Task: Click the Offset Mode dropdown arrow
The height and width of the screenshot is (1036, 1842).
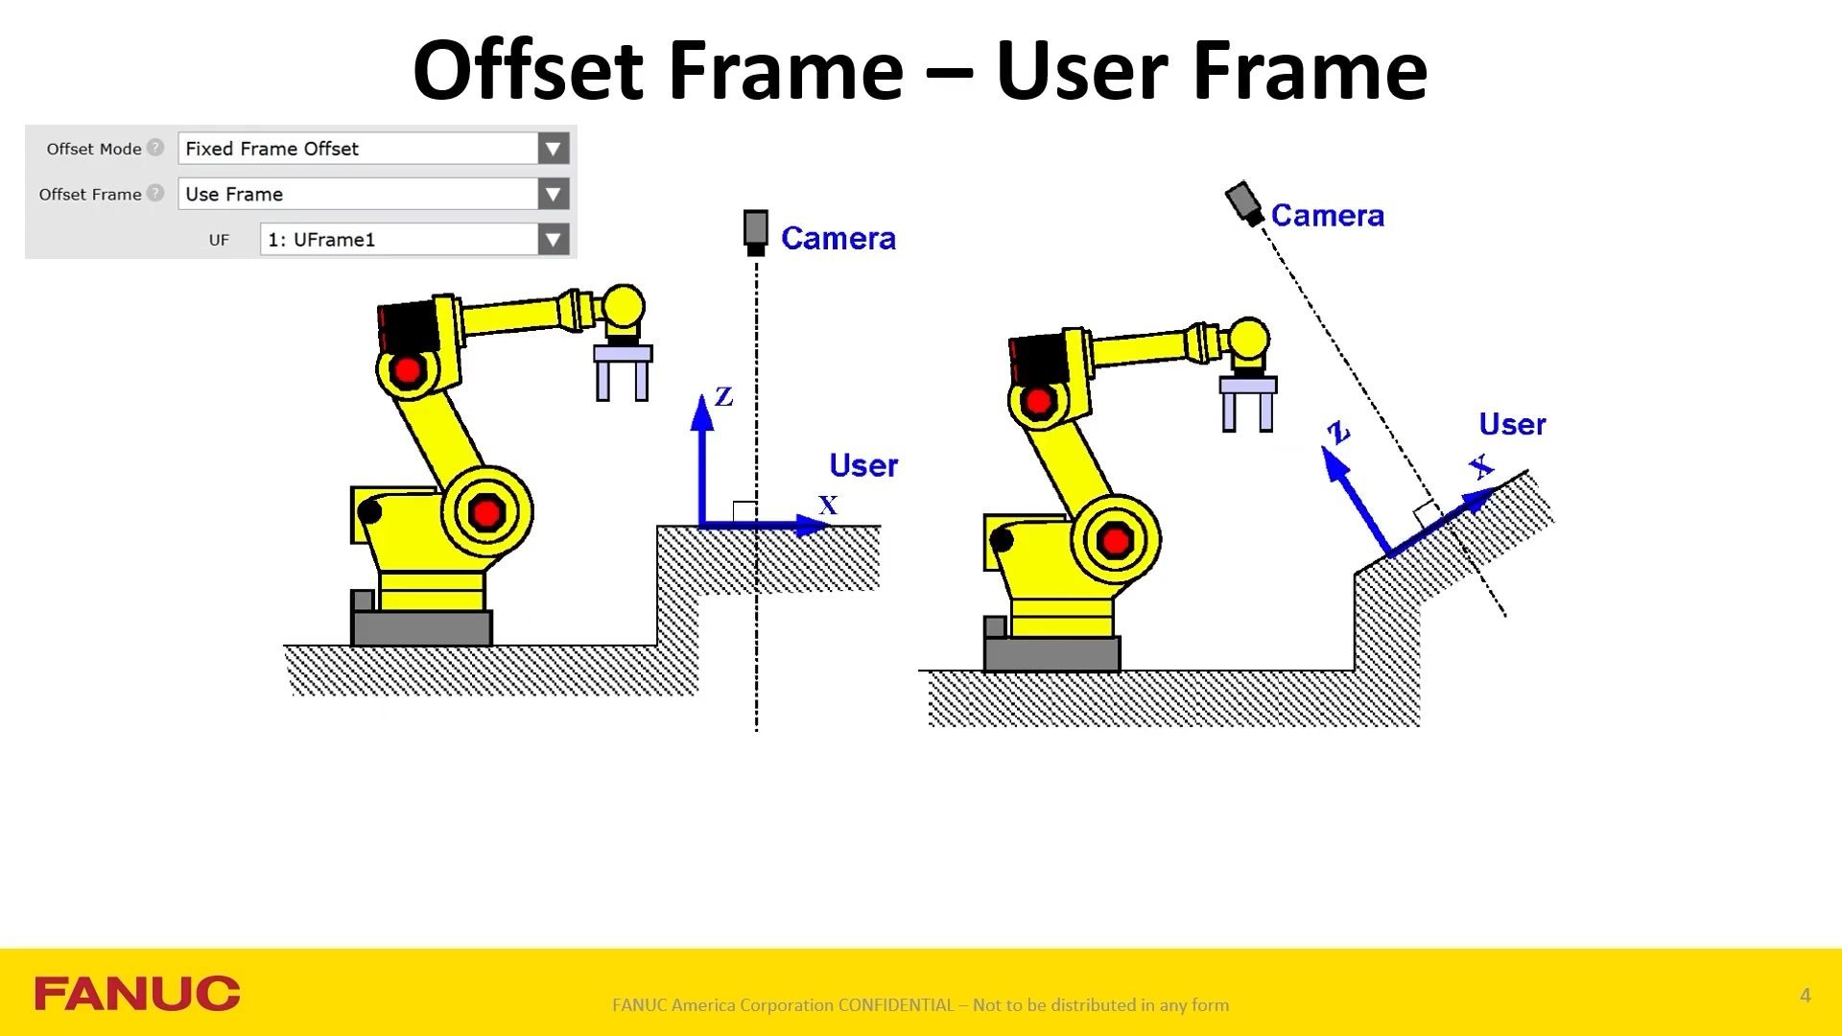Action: (553, 149)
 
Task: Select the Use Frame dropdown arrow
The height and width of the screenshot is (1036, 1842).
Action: (553, 194)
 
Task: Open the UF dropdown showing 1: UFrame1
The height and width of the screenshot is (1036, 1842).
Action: (553, 239)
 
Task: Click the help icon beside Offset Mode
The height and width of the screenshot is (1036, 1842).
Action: (155, 148)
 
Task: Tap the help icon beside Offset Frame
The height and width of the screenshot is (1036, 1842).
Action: (155, 193)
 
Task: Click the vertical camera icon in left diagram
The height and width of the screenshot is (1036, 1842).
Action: (756, 232)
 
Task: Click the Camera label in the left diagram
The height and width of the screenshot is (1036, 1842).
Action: (838, 238)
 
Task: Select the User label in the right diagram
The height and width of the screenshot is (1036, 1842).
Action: (1512, 424)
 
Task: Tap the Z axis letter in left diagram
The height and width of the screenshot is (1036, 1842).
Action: (724, 397)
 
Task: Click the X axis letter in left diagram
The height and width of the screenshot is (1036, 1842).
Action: (828, 506)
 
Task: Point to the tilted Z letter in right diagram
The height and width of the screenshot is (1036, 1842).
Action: (1337, 433)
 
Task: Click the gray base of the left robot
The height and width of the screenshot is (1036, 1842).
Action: (422, 628)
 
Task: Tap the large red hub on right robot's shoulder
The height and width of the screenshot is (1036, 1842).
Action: (1116, 541)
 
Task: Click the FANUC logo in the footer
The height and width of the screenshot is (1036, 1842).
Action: (137, 994)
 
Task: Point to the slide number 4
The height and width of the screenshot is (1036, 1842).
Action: (1805, 996)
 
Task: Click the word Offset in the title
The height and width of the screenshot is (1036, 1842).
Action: (527, 71)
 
